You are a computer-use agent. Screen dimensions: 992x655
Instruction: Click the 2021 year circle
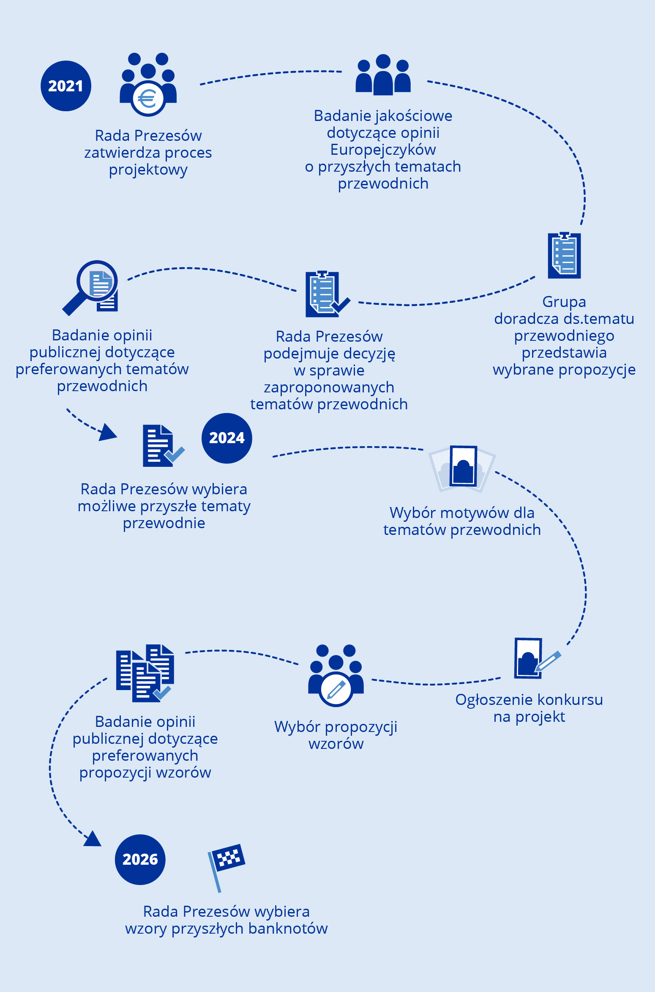pos(66,86)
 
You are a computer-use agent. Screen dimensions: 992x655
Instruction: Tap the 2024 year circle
pos(227,438)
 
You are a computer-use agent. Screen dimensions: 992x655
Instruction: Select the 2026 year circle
pos(140,859)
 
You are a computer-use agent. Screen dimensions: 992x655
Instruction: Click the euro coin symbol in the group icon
pos(147,99)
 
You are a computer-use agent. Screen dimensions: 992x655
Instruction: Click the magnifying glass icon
pos(91,286)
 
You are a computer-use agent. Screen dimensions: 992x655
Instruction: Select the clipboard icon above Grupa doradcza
pos(564,255)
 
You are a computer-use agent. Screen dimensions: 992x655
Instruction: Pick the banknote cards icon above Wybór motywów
pos(462,468)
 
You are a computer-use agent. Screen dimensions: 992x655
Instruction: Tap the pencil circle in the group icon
pos(336,689)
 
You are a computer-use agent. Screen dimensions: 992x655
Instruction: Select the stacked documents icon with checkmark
pos(145,673)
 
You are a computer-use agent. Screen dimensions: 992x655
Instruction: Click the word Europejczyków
pos(383,150)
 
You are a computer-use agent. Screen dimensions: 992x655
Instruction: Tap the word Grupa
pos(564,302)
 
